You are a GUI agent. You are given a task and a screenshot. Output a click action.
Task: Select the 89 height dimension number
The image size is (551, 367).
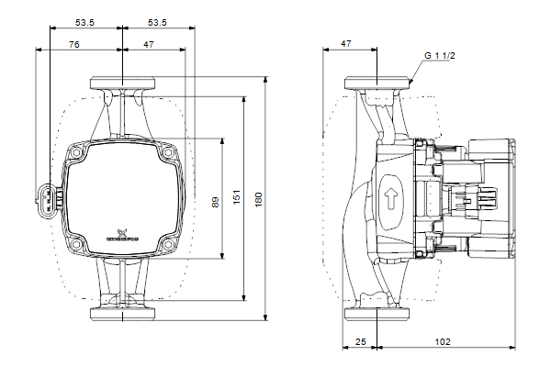pyautogui.click(x=215, y=200)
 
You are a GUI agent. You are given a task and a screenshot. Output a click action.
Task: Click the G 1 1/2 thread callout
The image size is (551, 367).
pyautogui.click(x=440, y=55)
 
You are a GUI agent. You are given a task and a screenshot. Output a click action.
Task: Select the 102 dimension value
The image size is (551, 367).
pyautogui.click(x=443, y=341)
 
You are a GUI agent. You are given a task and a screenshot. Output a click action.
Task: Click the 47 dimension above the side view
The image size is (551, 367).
pyautogui.click(x=345, y=43)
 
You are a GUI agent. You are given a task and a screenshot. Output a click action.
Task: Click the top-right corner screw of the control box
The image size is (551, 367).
pyautogui.click(x=169, y=155)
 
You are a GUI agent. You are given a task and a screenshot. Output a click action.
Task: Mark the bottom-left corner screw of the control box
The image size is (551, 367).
pyautogui.click(x=77, y=245)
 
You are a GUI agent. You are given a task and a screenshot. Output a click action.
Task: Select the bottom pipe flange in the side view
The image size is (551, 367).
pyautogui.click(x=377, y=316)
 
